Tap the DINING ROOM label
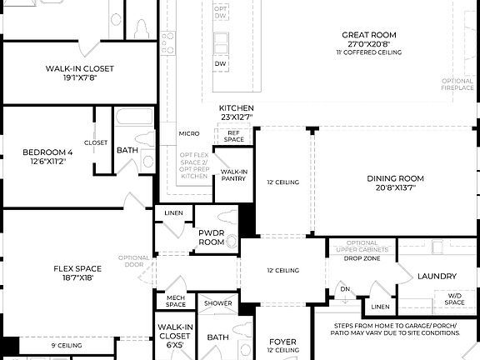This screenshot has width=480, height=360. pyautogui.click(x=391, y=178)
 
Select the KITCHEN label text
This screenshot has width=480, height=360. pyautogui.click(x=237, y=108)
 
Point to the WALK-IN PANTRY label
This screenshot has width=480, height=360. pyautogui.click(x=233, y=175)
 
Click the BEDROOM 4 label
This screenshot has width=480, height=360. pyautogui.click(x=47, y=152)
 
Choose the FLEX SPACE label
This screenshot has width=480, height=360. pyautogui.click(x=77, y=268)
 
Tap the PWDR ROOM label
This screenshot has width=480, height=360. pyautogui.click(x=211, y=237)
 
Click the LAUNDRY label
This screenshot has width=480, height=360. pyautogui.click(x=436, y=276)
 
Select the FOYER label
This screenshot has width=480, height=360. pyautogui.click(x=282, y=342)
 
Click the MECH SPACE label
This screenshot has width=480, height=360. pyautogui.click(x=175, y=300)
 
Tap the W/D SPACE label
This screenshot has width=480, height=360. pyautogui.click(x=454, y=297)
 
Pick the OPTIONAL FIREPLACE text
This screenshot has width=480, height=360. pyautogui.click(x=457, y=84)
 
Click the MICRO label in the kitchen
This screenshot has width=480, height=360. pyautogui.click(x=188, y=133)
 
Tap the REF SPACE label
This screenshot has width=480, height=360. pyautogui.click(x=234, y=136)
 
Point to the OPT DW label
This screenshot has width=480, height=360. pyautogui.click(x=220, y=12)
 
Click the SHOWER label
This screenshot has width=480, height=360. pyautogui.click(x=217, y=303)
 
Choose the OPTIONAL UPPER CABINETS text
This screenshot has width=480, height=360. pyautogui.click(x=362, y=246)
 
